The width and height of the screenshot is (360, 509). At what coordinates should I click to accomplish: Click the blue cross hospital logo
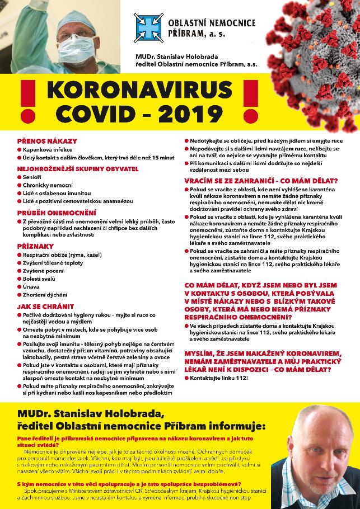tap(148, 27)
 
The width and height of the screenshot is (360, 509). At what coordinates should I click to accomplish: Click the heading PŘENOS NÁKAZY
tap(47, 141)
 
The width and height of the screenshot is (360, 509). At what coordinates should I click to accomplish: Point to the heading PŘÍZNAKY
tap(35, 246)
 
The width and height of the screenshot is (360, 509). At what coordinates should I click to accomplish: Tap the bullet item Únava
tap(31, 286)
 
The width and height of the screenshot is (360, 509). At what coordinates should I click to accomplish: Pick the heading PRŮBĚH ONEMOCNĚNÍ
tap(57, 213)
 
